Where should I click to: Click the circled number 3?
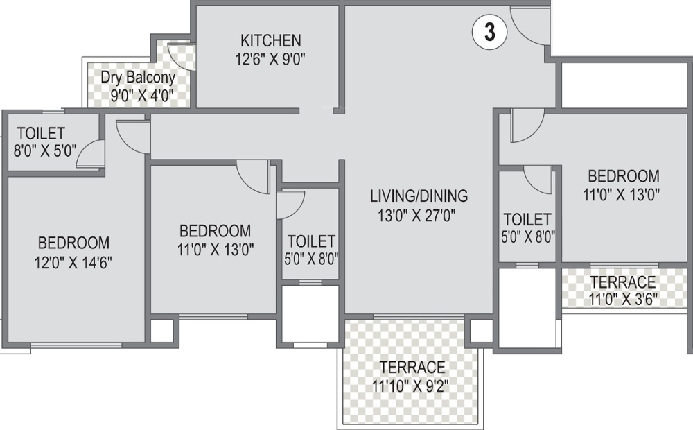click(x=490, y=33)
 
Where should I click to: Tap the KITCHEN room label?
click(x=270, y=40)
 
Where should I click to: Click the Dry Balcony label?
click(x=138, y=77)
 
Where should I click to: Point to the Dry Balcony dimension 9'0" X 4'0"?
click(x=142, y=96)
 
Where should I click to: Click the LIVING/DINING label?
click(x=419, y=196)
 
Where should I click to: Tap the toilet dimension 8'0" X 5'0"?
click(x=42, y=149)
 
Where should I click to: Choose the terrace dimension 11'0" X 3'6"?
click(x=623, y=300)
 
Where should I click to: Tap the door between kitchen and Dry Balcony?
click(x=182, y=57)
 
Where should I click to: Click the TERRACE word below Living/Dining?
click(x=412, y=367)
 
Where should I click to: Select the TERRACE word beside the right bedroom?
click(x=623, y=282)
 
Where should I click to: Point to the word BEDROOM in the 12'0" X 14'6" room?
click(x=74, y=243)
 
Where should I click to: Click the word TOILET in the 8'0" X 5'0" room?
click(x=42, y=132)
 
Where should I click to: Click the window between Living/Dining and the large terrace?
click(x=418, y=317)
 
